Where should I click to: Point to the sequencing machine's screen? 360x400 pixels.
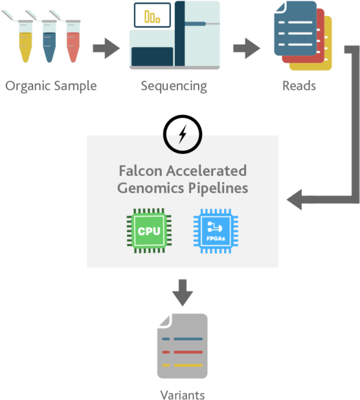click(152, 16)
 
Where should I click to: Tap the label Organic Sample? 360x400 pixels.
click(51, 85)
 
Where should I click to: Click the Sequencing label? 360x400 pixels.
click(174, 85)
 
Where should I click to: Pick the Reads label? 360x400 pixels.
click(299, 85)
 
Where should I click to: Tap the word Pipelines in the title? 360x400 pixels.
click(221, 188)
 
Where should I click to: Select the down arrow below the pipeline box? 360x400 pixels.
click(183, 293)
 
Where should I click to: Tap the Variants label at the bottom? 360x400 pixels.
click(183, 394)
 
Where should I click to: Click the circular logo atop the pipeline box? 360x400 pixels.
click(183, 139)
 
